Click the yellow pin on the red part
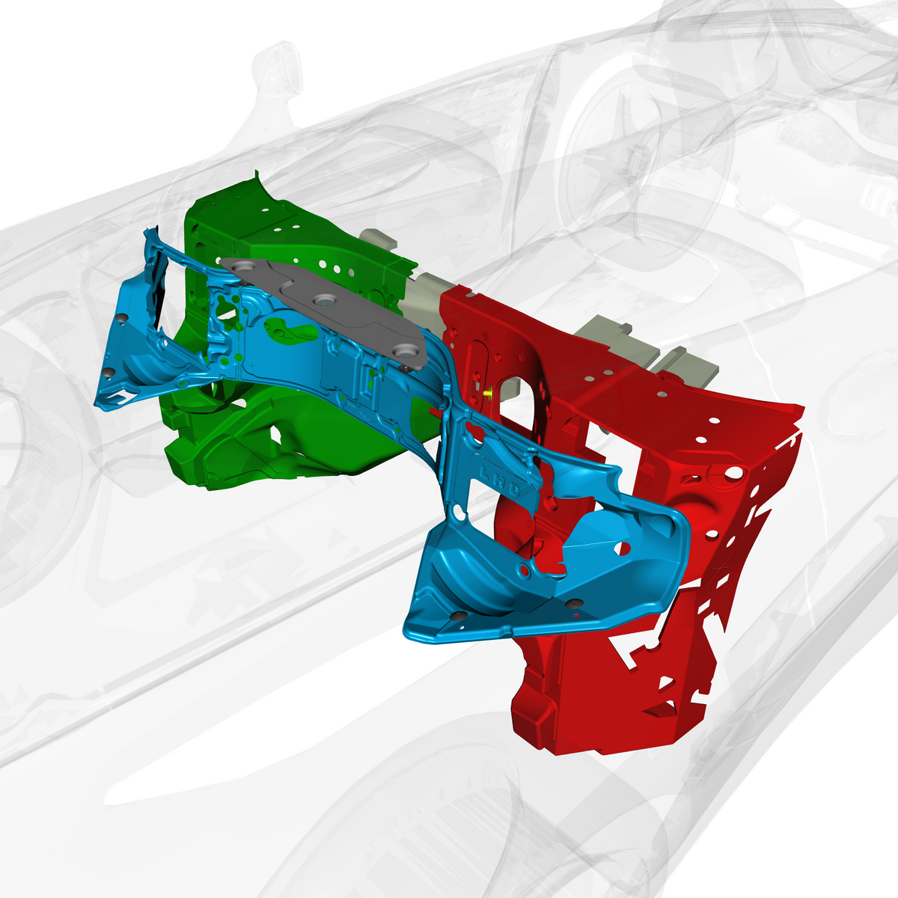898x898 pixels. click(x=488, y=393)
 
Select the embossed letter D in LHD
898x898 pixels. click(x=514, y=489)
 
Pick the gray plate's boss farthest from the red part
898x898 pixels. click(x=245, y=267)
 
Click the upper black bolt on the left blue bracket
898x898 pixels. click(x=123, y=317)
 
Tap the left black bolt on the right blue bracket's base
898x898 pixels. click(x=459, y=615)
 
